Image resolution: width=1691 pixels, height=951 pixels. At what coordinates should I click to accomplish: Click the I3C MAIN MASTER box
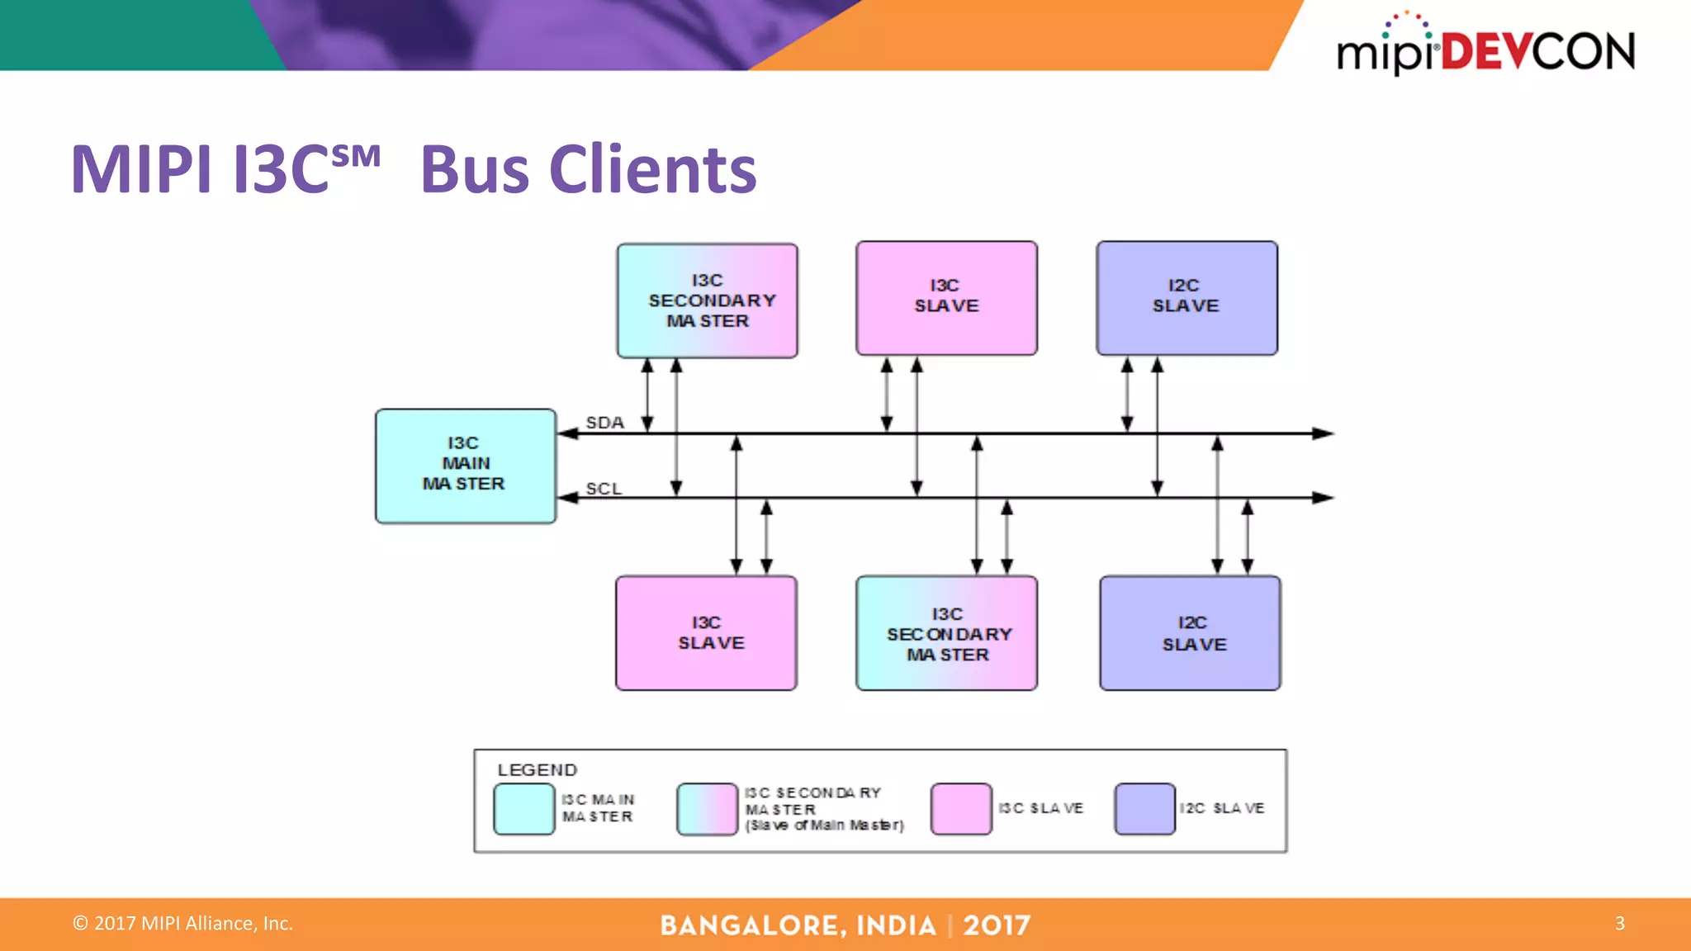465,466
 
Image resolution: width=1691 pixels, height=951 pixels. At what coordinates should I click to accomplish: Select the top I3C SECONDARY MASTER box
707,300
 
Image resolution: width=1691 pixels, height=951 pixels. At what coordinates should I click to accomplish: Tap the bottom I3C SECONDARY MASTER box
946,633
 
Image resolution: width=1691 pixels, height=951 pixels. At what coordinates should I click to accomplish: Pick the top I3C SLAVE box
946,298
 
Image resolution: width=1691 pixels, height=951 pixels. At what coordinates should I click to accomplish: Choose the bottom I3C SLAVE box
706,633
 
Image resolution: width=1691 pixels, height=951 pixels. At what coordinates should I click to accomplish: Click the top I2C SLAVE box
1187,298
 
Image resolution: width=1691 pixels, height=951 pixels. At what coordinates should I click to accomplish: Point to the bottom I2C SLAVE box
1190,633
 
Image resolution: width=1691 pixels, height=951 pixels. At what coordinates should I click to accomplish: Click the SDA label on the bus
604,423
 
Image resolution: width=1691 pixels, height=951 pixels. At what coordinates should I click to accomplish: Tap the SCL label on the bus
604,489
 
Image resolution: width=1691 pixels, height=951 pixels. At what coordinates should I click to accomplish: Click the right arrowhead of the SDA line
1324,433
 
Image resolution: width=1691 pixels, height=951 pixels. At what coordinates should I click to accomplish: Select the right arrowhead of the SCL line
1324,498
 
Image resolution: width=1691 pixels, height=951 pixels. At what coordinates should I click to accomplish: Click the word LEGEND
537,770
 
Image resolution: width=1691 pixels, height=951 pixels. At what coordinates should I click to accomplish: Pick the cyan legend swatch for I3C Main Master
524,809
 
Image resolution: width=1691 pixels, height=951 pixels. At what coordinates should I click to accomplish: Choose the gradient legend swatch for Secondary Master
707,809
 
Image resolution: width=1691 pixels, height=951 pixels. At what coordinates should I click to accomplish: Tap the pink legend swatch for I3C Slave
961,809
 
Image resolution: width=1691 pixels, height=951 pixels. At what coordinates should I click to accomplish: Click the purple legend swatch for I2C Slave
1144,809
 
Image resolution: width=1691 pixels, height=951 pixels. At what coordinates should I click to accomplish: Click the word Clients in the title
652,170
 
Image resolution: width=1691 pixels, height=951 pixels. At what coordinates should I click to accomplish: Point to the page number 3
1619,923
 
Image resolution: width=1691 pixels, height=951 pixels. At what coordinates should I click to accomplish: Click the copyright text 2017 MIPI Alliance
183,923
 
